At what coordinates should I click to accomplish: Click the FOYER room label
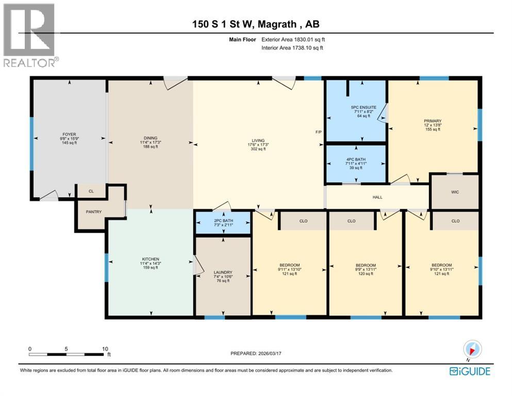click(69, 136)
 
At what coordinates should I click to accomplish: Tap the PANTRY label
click(93, 212)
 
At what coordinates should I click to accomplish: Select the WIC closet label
click(455, 192)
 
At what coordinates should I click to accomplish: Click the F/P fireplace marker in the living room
click(319, 133)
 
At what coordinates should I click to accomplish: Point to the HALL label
click(378, 197)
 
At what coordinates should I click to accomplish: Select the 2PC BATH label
click(223, 221)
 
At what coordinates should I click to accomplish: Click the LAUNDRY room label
click(223, 272)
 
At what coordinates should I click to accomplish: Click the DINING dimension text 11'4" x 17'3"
click(151, 142)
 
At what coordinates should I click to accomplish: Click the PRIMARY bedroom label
click(433, 120)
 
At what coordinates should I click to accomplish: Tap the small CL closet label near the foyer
click(91, 191)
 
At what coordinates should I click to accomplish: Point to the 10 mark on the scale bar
click(105, 349)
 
